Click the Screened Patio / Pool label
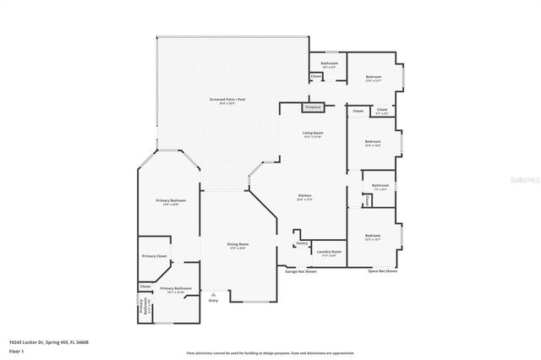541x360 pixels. click(x=227, y=100)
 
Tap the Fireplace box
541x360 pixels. click(x=313, y=107)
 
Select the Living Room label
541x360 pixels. click(x=313, y=133)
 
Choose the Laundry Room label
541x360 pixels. click(x=329, y=251)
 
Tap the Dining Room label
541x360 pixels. click(x=238, y=244)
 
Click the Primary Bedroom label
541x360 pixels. click(x=170, y=200)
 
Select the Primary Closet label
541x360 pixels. click(x=154, y=255)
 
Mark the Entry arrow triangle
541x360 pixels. click(x=201, y=294)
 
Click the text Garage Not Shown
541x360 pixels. click(x=301, y=271)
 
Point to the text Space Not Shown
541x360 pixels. click(x=382, y=271)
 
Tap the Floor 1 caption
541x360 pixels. click(x=16, y=349)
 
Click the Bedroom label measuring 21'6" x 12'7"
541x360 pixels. click(x=374, y=78)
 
